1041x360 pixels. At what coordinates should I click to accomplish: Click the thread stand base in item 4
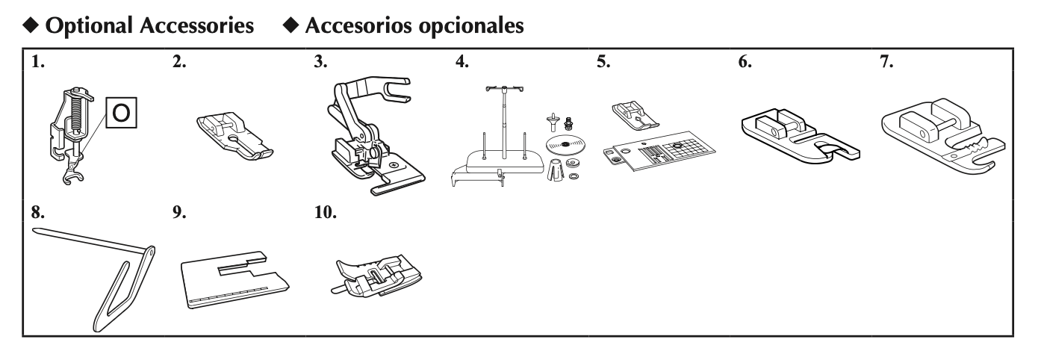point(497,161)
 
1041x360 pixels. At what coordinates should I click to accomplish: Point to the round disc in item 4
point(564,143)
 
